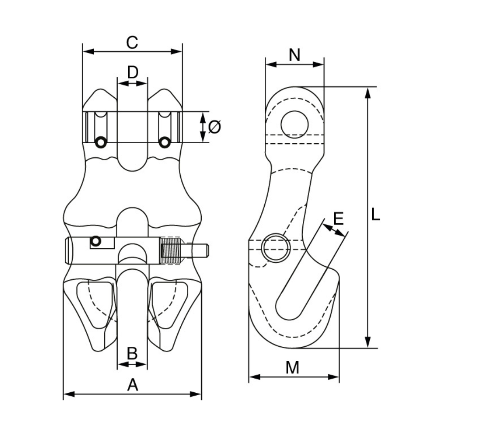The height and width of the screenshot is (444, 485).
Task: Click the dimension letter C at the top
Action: [x=132, y=42]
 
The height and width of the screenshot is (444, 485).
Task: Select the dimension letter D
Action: [x=133, y=73]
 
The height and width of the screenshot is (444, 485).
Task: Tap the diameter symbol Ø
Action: [x=215, y=127]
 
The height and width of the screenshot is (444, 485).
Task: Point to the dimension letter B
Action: [x=132, y=354]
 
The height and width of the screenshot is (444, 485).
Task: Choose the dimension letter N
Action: [x=295, y=54]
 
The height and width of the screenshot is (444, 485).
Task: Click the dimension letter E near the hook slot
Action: [x=338, y=218]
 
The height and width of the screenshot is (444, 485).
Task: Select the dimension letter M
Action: [x=292, y=368]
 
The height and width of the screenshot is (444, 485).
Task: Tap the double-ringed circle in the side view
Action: [x=276, y=247]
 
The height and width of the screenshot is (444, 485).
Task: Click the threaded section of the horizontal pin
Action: [x=170, y=251]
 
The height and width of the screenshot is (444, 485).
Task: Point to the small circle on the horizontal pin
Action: [x=95, y=241]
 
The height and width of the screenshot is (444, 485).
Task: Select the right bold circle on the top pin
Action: [x=164, y=142]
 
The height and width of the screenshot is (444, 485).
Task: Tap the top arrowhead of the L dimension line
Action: [x=367, y=92]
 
